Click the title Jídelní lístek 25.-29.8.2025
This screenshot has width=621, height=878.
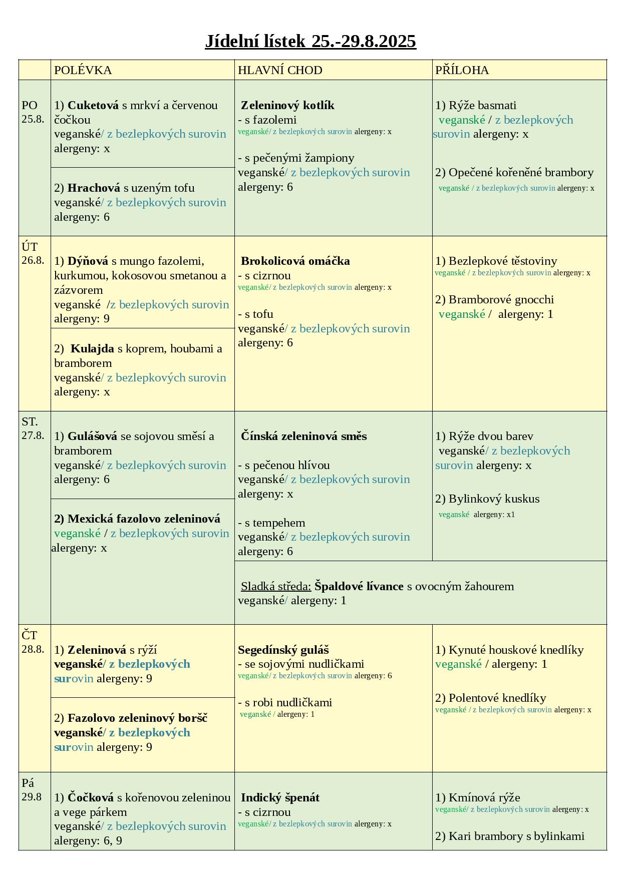click(x=310, y=41)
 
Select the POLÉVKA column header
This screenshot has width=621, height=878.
click(x=83, y=70)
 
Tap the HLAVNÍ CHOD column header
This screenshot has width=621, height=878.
click(x=280, y=70)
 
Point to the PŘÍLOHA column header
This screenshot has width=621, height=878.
click(x=462, y=70)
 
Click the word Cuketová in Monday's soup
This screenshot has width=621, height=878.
click(x=93, y=105)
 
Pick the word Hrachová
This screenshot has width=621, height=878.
click(x=94, y=188)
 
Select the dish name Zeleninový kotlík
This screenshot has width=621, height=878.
click(x=287, y=105)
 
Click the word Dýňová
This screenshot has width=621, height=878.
click(x=88, y=261)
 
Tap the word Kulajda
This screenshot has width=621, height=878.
click(x=92, y=348)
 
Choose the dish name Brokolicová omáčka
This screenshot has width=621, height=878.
click(x=295, y=261)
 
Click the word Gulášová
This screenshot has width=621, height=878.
click(x=92, y=436)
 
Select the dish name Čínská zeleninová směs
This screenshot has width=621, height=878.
click(x=304, y=436)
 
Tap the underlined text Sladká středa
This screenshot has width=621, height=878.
click(x=276, y=586)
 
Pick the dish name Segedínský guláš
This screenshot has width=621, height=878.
click(x=283, y=650)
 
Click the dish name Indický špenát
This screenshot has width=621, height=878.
click(x=280, y=797)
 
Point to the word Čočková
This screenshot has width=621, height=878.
click(x=91, y=797)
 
